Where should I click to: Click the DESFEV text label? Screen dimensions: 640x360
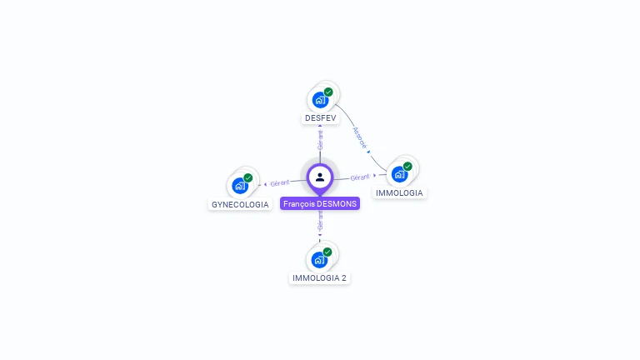click(x=320, y=118)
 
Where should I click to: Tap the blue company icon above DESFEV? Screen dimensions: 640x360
click(x=320, y=100)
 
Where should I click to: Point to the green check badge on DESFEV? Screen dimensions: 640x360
click(x=328, y=92)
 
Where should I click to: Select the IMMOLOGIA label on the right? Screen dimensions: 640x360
click(x=399, y=192)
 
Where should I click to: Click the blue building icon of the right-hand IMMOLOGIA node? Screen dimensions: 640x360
click(x=399, y=174)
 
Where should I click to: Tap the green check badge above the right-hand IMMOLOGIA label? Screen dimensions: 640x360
click(x=407, y=166)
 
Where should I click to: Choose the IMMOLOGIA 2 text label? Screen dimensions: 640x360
click(x=319, y=277)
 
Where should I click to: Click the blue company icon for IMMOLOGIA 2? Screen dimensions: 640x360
click(x=319, y=260)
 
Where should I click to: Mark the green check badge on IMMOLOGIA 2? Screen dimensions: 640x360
click(x=327, y=252)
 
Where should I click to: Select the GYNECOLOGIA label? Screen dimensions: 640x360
click(x=240, y=204)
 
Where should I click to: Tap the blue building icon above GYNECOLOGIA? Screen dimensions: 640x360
click(x=240, y=186)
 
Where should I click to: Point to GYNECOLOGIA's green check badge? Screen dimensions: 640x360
click(x=248, y=177)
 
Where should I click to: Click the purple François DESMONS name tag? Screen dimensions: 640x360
click(x=320, y=203)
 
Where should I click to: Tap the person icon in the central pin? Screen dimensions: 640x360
click(x=320, y=177)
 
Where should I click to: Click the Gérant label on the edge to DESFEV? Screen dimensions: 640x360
click(x=320, y=139)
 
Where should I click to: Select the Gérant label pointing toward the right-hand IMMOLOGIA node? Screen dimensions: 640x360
click(x=360, y=177)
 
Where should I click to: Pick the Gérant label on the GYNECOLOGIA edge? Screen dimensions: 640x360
click(x=280, y=182)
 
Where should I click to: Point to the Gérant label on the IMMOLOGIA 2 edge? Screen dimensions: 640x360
click(x=320, y=221)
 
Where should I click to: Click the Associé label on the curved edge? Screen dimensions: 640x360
click(x=359, y=137)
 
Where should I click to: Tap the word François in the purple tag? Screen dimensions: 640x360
click(x=299, y=203)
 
